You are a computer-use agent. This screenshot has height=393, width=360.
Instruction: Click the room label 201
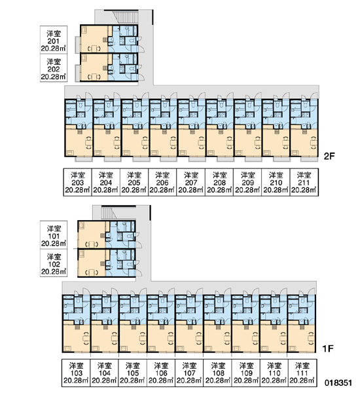pyautogui.click(x=54, y=41)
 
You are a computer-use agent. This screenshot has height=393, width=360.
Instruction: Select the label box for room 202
pyautogui.click(x=54, y=68)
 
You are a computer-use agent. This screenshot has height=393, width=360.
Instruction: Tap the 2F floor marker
pyautogui.click(x=329, y=157)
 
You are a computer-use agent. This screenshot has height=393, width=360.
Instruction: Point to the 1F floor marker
pyautogui.click(x=328, y=348)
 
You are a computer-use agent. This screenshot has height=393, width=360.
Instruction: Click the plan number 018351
pyautogui.click(x=338, y=383)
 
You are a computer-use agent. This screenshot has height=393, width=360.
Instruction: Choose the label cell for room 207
pyautogui.click(x=191, y=182)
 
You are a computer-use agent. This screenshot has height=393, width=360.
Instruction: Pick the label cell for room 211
pyautogui.click(x=304, y=182)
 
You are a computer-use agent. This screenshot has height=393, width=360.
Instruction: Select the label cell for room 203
pyautogui.click(x=77, y=182)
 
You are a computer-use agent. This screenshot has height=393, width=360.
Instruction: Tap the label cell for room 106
pyautogui.click(x=160, y=373)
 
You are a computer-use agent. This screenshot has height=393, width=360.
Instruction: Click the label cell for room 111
pyautogui.click(x=302, y=373)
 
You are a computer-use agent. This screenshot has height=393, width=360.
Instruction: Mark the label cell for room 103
pyautogui.click(x=76, y=373)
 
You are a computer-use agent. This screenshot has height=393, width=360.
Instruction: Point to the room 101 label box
pyautogui.click(x=54, y=235)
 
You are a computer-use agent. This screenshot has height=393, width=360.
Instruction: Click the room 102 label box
pyautogui.click(x=54, y=263)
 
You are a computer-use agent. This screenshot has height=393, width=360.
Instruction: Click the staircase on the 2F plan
pyautogui.click(x=126, y=17)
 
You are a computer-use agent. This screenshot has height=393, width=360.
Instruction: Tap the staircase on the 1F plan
pyautogui.click(x=109, y=213)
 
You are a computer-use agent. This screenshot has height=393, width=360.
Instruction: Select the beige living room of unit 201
pyautogui.click(x=94, y=39)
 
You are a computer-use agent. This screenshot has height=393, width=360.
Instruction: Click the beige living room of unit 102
pyautogui.click(x=92, y=263)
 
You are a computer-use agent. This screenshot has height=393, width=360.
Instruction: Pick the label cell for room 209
pyautogui.click(x=247, y=182)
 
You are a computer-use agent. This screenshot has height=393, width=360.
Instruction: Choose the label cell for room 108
pyautogui.click(x=217, y=373)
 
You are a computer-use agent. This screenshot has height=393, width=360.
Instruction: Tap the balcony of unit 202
pyautogui.click(x=78, y=73)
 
